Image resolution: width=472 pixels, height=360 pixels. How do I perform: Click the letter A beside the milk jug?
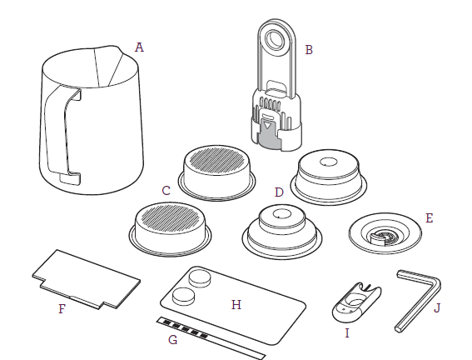pyautogui.click(x=139, y=47)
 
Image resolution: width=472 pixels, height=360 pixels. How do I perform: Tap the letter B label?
pyautogui.click(x=309, y=50)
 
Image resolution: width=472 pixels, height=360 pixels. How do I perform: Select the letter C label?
pyautogui.click(x=166, y=191)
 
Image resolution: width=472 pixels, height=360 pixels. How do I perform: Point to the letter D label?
pyautogui.click(x=279, y=192)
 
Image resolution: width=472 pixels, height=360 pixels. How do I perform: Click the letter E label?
pyautogui.click(x=430, y=218)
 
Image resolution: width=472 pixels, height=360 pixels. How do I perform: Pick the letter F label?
pyautogui.click(x=62, y=309)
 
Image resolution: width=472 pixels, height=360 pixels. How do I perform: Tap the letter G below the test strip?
pyautogui.click(x=173, y=340)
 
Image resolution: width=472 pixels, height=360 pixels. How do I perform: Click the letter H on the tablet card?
pyautogui.click(x=236, y=305)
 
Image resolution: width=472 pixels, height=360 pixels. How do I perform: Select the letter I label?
pyautogui.click(x=347, y=333)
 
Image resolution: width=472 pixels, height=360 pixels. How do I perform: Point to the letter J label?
pyautogui.click(x=437, y=308)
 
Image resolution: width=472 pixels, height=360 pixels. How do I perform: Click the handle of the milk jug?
pyautogui.click(x=57, y=132)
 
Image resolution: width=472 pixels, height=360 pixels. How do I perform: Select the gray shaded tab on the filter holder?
pyautogui.click(x=271, y=134)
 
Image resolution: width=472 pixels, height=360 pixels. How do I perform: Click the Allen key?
pyautogui.click(x=419, y=300)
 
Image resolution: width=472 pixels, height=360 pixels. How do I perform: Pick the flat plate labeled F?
pyautogui.click(x=87, y=279)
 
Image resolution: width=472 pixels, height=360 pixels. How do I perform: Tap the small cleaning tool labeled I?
pyautogui.click(x=356, y=302)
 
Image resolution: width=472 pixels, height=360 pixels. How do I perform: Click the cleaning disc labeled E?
pyautogui.click(x=385, y=233)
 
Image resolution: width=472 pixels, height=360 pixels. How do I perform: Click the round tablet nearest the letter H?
pyautogui.click(x=183, y=297)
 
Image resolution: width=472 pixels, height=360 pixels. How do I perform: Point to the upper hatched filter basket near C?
pyautogui.click(x=216, y=173)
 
